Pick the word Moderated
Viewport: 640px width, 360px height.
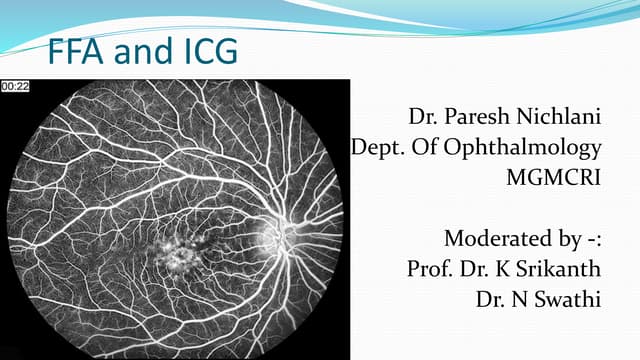coord(495,239)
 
